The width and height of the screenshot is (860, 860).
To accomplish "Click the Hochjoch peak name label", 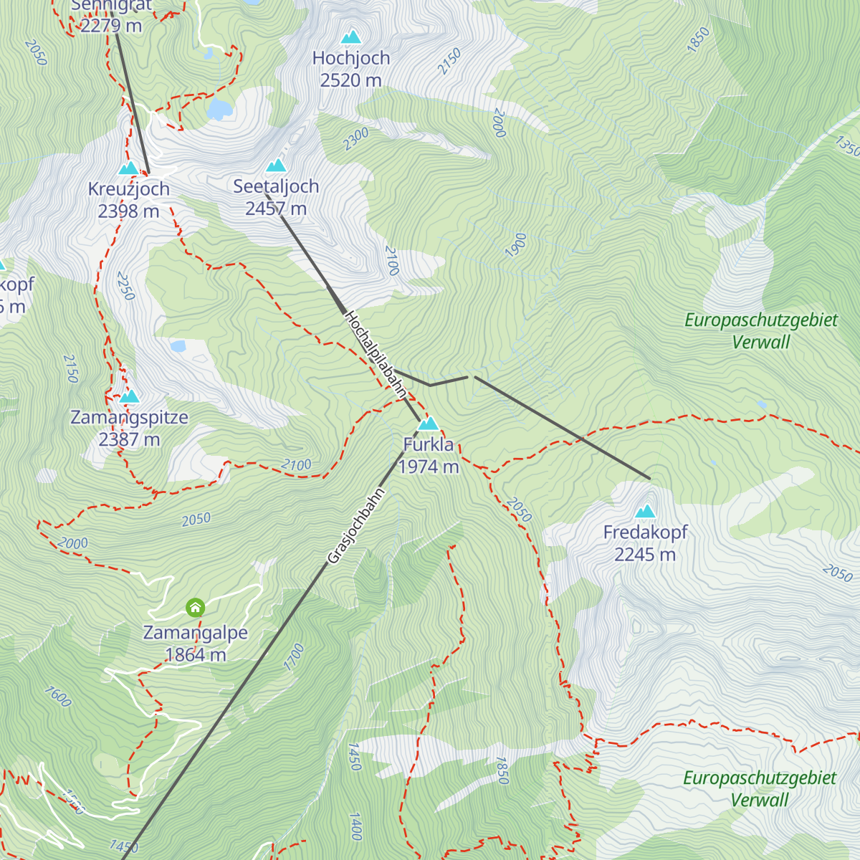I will [x=351, y=58].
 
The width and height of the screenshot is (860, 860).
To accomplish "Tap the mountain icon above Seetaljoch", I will [x=276, y=166].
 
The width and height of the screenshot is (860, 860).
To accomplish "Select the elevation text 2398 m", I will [x=129, y=211].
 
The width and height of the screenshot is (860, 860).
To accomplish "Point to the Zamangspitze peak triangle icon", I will [x=129, y=396].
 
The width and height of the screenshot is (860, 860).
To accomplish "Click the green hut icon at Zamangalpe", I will [x=195, y=608].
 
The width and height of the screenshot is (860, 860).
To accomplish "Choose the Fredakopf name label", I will [x=645, y=532].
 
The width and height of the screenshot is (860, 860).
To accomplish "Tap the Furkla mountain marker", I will [x=429, y=424].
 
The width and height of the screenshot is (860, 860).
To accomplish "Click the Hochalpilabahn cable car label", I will [x=375, y=354].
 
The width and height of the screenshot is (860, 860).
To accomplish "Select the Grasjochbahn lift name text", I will [x=356, y=525].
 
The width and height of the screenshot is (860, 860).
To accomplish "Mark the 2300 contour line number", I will [x=355, y=138].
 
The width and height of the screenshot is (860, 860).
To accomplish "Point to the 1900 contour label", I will [x=515, y=245].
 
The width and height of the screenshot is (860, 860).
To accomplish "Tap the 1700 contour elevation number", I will [x=294, y=657].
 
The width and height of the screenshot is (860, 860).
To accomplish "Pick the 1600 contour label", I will [x=57, y=696].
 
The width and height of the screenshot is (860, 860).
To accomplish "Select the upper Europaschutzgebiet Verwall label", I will [x=760, y=330].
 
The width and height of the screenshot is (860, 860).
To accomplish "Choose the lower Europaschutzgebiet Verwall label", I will [x=760, y=788].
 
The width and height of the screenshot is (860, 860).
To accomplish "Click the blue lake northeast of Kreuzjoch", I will [x=219, y=109].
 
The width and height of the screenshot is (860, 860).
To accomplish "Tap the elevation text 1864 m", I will [x=196, y=655].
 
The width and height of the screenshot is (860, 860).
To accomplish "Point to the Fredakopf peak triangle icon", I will [x=646, y=512].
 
